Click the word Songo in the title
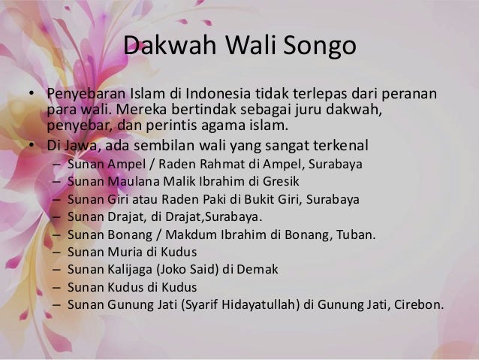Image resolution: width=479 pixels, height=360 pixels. [x=319, y=47]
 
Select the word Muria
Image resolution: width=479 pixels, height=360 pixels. [x=123, y=252]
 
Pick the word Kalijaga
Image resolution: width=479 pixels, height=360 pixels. [x=130, y=270]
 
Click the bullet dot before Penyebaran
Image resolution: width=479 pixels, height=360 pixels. [x=31, y=96]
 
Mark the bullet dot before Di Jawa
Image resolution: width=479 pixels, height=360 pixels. [x=31, y=146]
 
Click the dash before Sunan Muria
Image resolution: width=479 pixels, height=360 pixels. [x=57, y=253]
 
